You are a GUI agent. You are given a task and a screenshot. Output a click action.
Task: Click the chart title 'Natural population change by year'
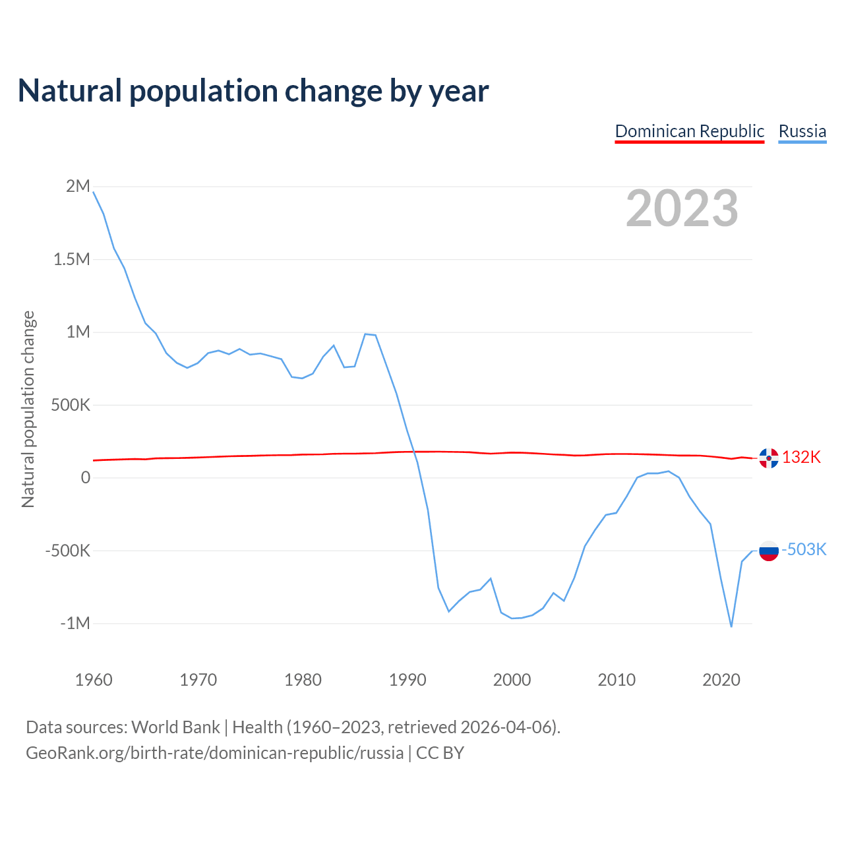tap(253, 91)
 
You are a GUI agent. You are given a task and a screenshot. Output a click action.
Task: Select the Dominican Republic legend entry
tap(689, 131)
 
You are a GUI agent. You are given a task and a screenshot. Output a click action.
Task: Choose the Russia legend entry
tap(802, 131)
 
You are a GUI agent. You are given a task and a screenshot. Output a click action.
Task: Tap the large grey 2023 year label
tap(682, 208)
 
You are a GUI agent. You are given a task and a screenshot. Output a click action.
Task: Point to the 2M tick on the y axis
tap(78, 186)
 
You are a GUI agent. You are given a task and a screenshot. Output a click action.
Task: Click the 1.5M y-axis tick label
tap(72, 259)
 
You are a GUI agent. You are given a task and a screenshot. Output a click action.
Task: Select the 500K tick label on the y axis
tap(71, 405)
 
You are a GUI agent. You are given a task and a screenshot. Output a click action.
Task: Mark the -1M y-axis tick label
tap(75, 623)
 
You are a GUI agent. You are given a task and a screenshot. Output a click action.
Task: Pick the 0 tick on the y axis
tap(86, 477)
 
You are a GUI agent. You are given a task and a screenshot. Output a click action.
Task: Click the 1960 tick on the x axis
tap(94, 680)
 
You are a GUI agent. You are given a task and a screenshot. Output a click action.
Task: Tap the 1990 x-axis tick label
tap(407, 680)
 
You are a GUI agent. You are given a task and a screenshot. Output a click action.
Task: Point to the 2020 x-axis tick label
tap(721, 680)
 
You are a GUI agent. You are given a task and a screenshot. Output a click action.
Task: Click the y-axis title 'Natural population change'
tap(28, 409)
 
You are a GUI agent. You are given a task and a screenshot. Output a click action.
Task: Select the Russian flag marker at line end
tap(769, 551)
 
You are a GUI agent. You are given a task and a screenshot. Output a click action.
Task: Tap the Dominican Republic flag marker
tap(769, 458)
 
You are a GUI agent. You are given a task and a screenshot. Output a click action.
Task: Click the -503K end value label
tap(804, 549)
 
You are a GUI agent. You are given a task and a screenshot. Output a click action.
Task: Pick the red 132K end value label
tap(802, 457)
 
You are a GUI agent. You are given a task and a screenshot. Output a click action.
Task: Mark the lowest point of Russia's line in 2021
tap(731, 626)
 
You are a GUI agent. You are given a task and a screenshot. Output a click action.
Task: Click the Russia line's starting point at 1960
tap(94, 192)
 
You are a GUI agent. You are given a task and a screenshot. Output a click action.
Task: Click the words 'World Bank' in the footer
tap(175, 727)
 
